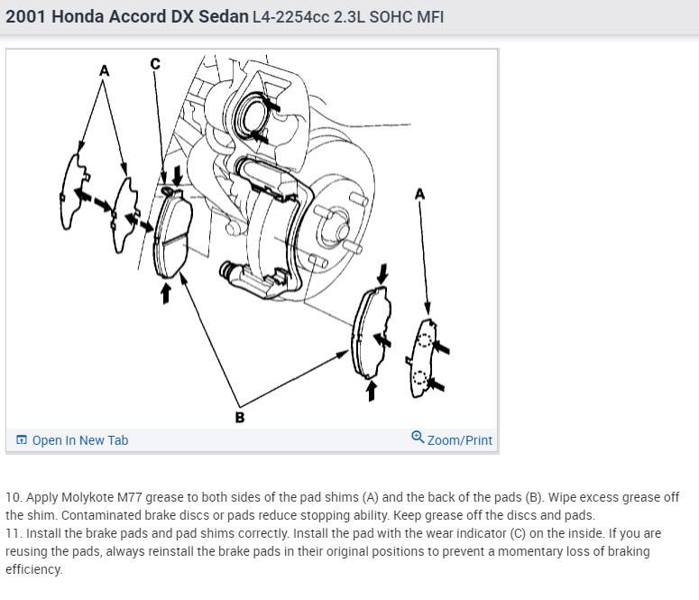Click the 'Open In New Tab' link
pos(79,440)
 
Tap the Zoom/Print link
pos(459,440)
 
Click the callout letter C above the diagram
pos(154,63)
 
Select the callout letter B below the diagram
pos(239,417)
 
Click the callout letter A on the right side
pos(418,193)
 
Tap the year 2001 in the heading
pos(26,17)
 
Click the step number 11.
pos(13,533)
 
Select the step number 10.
pos(13,497)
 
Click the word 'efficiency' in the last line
pos(33,569)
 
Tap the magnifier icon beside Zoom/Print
pos(417,439)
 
